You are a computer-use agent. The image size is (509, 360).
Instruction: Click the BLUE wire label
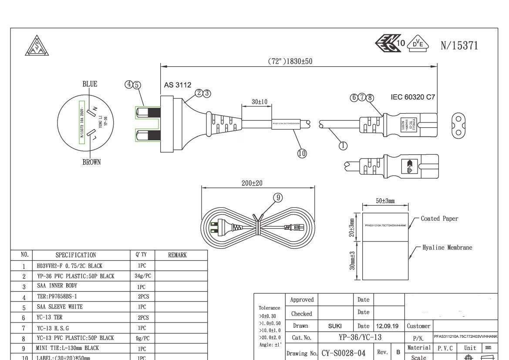(x=90, y=84)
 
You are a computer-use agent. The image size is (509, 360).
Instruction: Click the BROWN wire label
(x=91, y=162)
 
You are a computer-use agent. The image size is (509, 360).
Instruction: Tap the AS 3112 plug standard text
(x=177, y=85)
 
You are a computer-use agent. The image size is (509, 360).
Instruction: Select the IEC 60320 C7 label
(x=413, y=97)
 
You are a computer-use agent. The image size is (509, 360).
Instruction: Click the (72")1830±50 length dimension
(x=290, y=61)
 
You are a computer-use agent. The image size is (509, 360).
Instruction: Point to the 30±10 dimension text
(x=260, y=102)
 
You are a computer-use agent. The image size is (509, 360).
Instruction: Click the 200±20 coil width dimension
(x=252, y=183)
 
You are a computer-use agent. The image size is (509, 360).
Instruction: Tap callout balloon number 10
(x=302, y=153)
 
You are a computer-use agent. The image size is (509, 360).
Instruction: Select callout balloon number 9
(x=278, y=197)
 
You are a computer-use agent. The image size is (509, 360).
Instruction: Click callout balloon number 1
(x=343, y=146)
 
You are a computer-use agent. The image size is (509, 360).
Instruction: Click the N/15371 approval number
(x=459, y=45)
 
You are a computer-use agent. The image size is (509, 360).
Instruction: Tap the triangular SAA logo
(x=37, y=45)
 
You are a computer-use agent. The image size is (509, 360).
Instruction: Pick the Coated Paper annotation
(x=439, y=219)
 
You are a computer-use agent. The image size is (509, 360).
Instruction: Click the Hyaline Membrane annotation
(x=447, y=248)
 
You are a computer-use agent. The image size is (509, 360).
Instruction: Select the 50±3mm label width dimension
(x=385, y=201)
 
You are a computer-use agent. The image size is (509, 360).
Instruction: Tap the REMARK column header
(x=177, y=255)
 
